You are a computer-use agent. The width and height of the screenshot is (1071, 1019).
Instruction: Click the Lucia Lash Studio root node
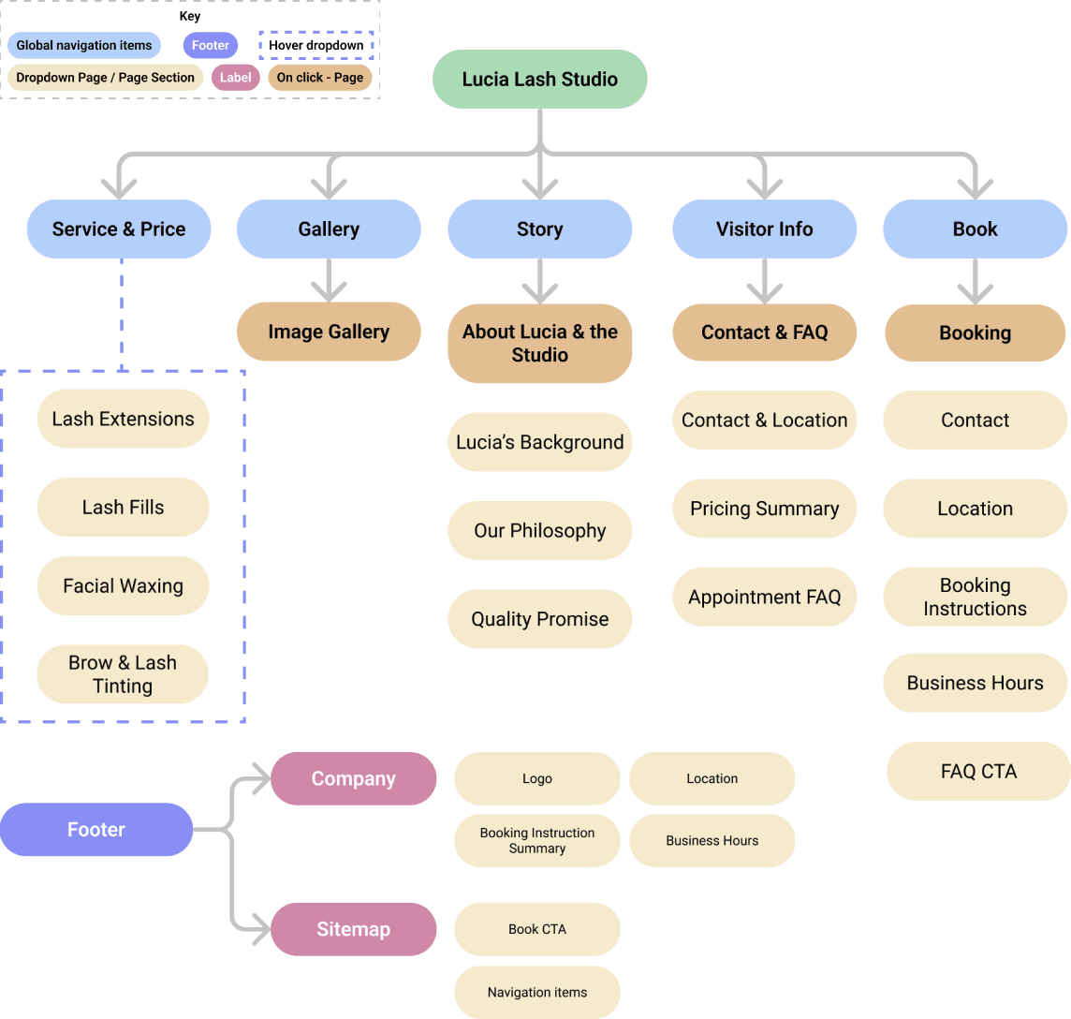(x=539, y=80)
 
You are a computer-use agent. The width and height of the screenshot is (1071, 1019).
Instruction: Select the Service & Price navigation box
(x=119, y=229)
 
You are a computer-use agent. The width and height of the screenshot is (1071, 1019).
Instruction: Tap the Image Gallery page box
(x=329, y=332)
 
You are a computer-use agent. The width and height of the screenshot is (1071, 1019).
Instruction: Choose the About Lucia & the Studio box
(x=540, y=343)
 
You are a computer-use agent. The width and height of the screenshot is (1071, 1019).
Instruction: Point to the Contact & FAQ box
(x=764, y=332)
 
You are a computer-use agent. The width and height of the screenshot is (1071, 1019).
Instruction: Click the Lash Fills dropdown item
(x=123, y=508)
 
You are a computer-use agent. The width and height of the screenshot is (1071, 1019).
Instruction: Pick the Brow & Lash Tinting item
(x=123, y=674)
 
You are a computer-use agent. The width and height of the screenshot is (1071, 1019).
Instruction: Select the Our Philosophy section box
(x=540, y=531)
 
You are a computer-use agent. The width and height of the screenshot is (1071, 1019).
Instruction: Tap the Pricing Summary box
(x=764, y=509)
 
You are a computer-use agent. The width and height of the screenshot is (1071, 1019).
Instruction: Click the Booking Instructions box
(x=975, y=597)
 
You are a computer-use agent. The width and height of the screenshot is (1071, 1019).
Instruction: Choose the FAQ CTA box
(x=978, y=772)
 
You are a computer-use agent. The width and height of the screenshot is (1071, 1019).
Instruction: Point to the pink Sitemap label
(x=353, y=929)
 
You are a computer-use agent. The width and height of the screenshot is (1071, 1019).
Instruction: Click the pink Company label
(x=353, y=779)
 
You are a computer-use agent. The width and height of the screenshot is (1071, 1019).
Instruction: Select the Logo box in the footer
(x=537, y=779)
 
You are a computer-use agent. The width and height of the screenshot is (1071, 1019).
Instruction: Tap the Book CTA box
(x=537, y=929)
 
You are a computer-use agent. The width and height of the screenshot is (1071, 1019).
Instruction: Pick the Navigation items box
(x=537, y=992)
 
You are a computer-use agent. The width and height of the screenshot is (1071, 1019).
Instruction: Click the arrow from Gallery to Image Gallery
(x=329, y=279)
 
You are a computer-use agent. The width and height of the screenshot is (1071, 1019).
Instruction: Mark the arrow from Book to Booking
(x=975, y=280)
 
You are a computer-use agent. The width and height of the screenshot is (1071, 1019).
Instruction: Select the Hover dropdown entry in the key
(x=315, y=45)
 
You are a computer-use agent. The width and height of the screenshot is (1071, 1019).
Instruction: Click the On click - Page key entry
(x=319, y=78)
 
